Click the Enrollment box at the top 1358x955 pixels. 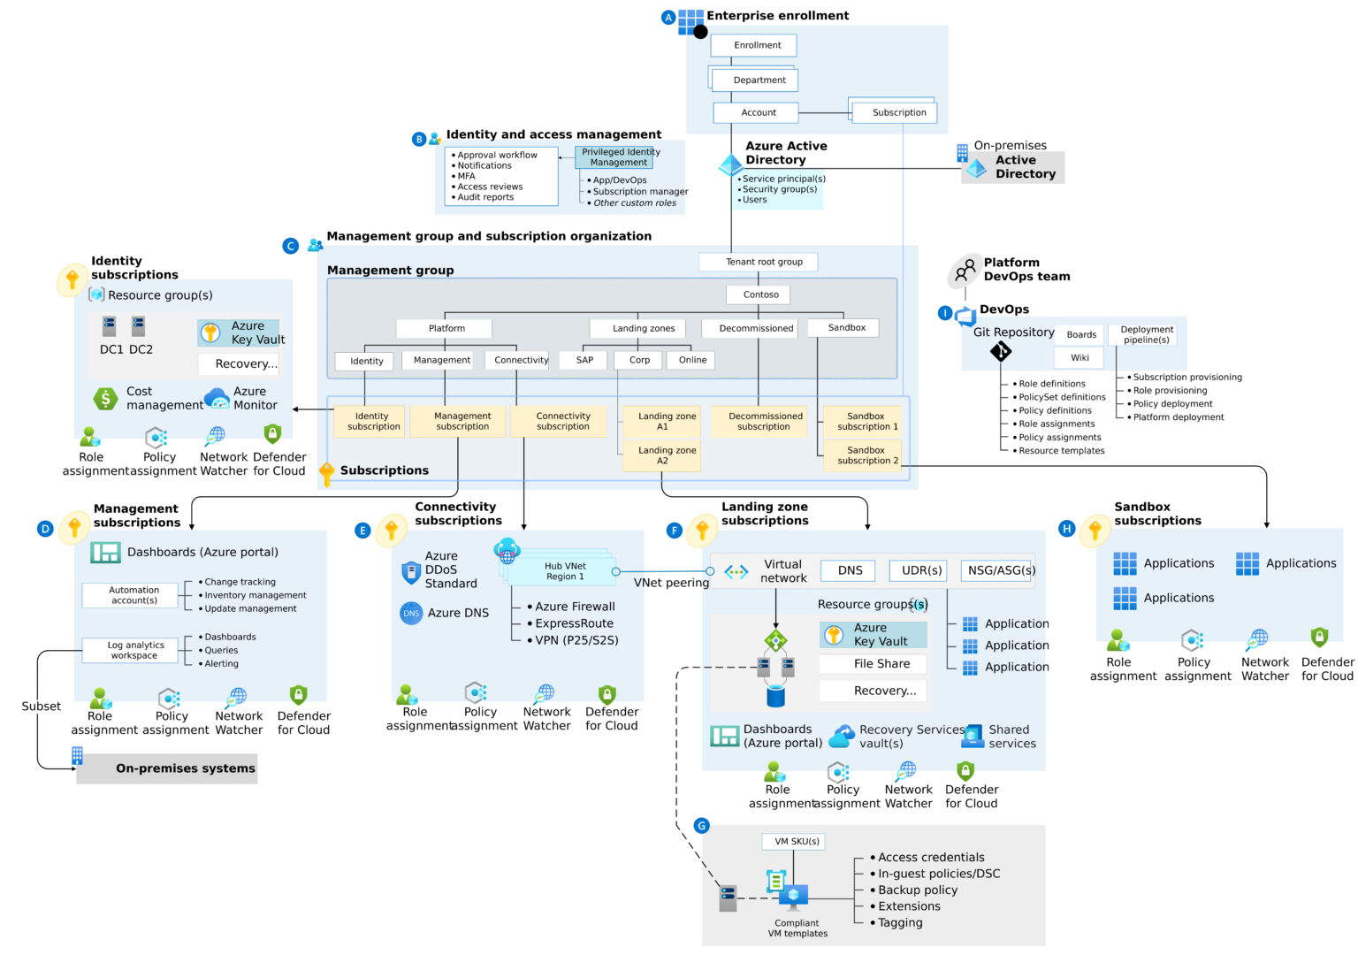tap(757, 45)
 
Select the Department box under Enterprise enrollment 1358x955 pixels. tap(759, 80)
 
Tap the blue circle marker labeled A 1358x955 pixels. tap(668, 17)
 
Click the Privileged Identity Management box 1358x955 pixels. tap(619, 157)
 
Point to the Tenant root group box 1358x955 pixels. tap(764, 262)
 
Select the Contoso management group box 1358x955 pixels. tap(760, 294)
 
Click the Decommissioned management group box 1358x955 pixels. tap(756, 328)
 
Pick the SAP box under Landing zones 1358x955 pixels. tap(584, 360)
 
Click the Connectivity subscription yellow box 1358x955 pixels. tap(562, 421)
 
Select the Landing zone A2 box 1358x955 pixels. tap(667, 455)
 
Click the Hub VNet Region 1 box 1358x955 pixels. tap(565, 571)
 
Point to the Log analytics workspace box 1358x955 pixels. tap(134, 651)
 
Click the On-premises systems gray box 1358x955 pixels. tap(168, 768)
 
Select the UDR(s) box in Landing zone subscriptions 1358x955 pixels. tap(920, 570)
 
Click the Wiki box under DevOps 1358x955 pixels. tap(1080, 358)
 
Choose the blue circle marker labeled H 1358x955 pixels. tap(1066, 529)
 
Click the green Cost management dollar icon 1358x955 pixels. tap(105, 399)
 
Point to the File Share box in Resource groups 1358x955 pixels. tap(881, 664)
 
